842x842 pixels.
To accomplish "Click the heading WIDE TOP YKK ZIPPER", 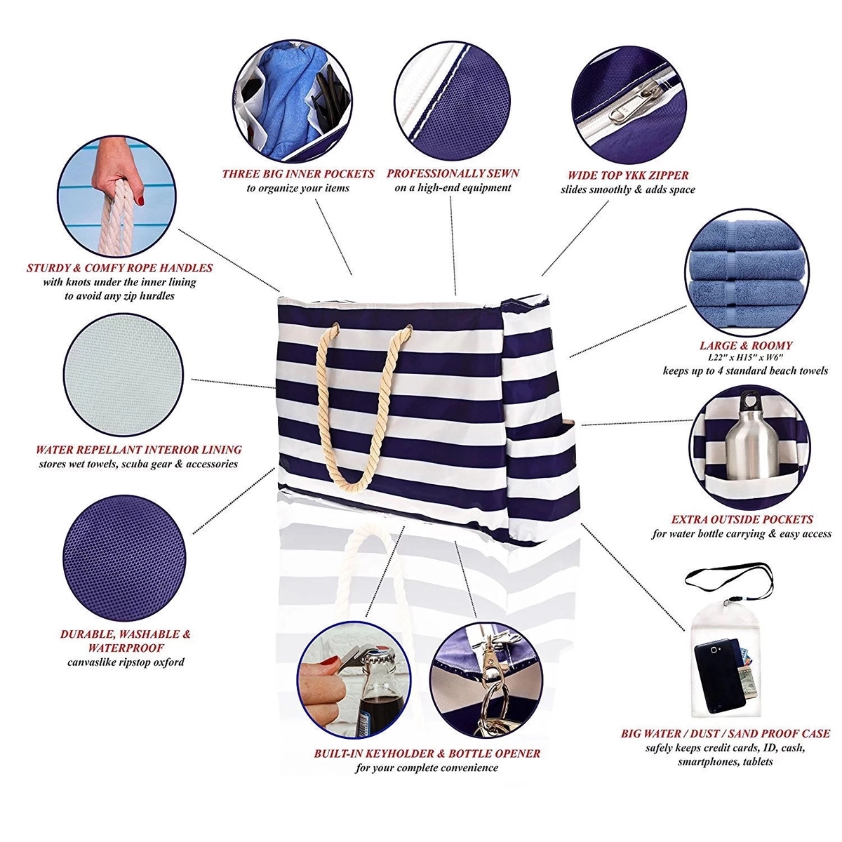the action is coord(627,175).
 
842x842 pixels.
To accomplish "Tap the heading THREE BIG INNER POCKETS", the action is coord(298,174).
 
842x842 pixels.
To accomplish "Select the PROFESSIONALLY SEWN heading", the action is coord(453,173).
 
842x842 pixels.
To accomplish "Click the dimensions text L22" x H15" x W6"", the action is coord(745,357).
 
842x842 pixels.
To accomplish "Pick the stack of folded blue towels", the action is coord(747,278).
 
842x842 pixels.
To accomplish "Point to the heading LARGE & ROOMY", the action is coord(745,345).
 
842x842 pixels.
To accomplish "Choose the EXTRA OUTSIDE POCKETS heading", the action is coord(742,519).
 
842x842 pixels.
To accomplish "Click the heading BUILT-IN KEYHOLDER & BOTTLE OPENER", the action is coord(427,754).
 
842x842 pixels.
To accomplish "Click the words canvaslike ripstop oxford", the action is coord(126,662).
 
